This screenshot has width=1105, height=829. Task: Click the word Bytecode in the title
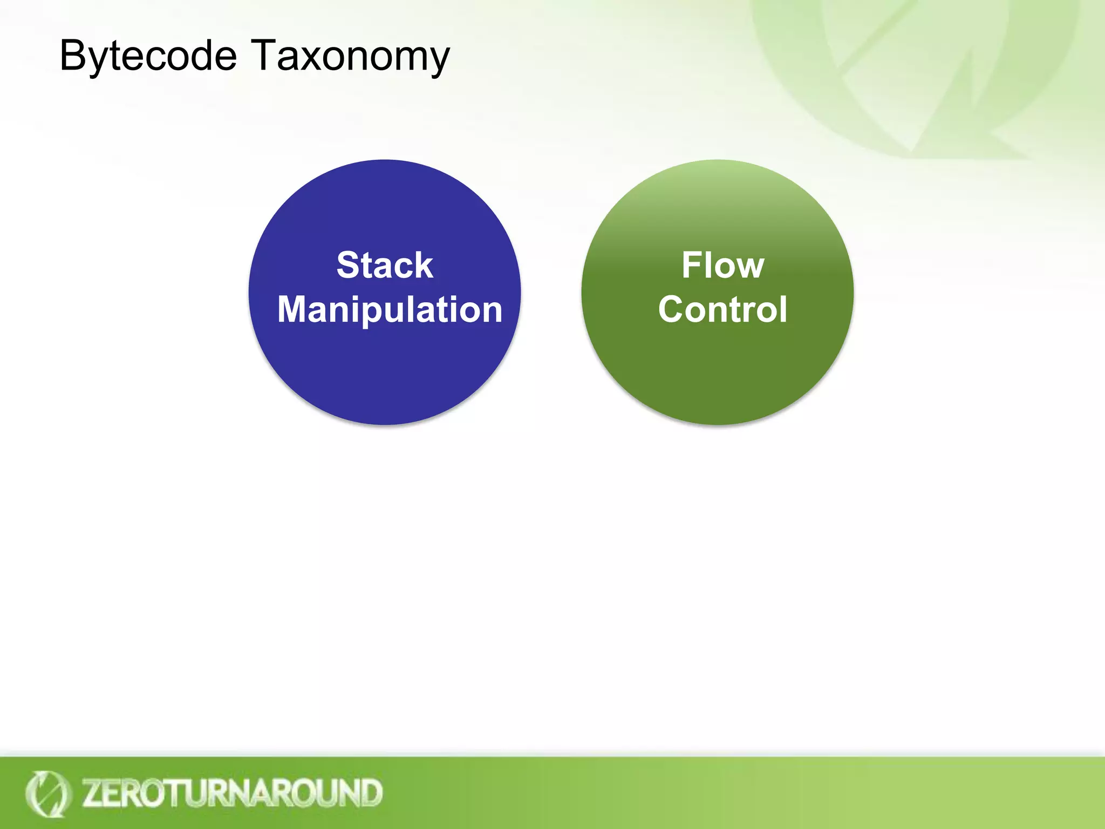[148, 56]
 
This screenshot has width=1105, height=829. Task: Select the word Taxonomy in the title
[351, 56]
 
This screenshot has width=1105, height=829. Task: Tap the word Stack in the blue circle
[385, 265]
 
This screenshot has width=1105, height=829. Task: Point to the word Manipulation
[390, 309]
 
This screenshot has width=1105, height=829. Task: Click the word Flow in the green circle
[722, 265]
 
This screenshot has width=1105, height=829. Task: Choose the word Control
[722, 309]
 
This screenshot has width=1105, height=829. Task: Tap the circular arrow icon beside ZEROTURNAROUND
[47, 793]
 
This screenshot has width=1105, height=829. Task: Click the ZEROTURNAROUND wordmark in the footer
[232, 793]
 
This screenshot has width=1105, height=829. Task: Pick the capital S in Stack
[349, 265]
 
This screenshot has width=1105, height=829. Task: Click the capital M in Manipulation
[295, 309]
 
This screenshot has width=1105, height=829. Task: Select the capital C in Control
[672, 309]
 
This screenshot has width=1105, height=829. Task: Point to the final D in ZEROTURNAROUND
[371, 793]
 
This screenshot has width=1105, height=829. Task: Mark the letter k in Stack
[424, 265]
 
